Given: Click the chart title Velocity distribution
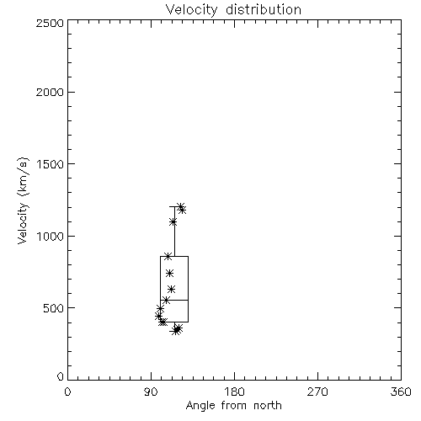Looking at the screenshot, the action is pos(233,9).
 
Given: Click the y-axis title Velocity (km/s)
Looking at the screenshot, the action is pos(23,200).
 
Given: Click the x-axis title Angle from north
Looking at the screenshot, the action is pos(233,405).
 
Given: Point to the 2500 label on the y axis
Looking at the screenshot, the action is pos(50,23).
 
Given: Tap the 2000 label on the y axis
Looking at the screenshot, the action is pos(50,92).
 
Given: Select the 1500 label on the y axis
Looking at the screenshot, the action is pos(51,164).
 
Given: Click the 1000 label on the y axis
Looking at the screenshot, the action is pos(51,237).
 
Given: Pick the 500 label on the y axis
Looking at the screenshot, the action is pos(54,308).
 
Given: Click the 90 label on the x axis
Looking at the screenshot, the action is pos(151,392).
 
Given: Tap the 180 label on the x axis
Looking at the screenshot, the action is pos(234,392).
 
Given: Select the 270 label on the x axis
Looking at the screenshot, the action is pos(317,392).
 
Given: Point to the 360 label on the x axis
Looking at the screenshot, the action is pos(401,392).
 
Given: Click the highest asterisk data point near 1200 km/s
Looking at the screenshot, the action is pos(180,206).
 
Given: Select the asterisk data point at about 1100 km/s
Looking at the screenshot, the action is pos(173,222).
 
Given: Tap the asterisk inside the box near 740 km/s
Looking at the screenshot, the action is pos(169,273).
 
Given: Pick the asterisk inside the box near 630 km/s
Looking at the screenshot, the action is pos(172,289).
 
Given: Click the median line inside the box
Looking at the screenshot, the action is pos(174,300).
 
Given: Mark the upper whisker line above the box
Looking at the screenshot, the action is pos(174,232).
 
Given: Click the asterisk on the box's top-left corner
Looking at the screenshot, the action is pos(168,256).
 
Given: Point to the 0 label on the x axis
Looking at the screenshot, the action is pos(67,392).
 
